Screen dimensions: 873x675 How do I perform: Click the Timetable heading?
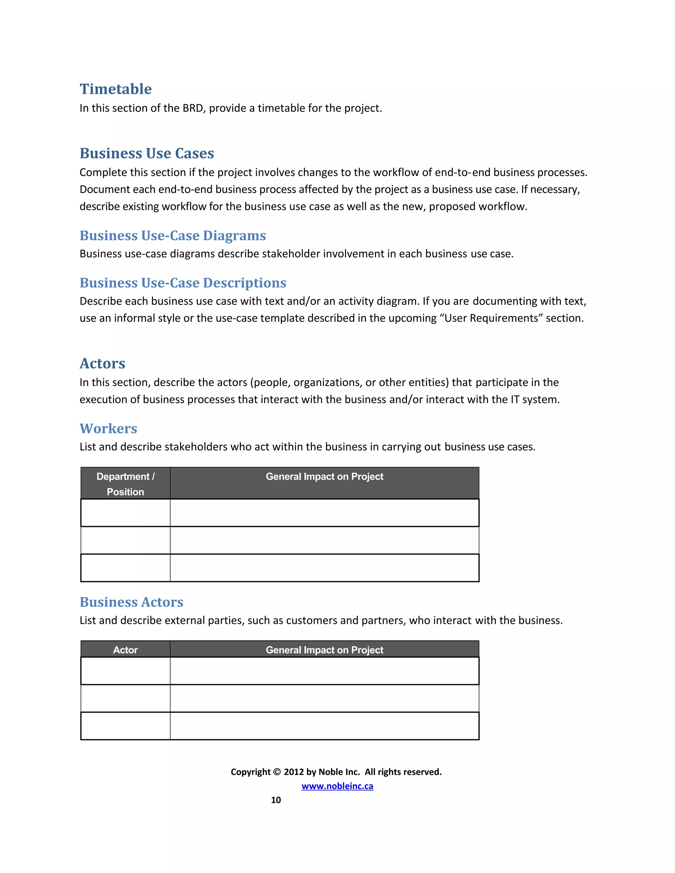(x=116, y=89)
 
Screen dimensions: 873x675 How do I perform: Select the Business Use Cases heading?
(x=147, y=153)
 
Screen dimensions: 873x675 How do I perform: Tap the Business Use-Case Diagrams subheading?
(x=172, y=236)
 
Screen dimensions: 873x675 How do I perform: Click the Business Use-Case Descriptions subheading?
(x=183, y=283)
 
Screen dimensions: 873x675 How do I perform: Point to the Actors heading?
(x=103, y=363)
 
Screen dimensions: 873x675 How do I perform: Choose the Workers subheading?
(x=108, y=429)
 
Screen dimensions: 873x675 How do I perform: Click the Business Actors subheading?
(x=131, y=602)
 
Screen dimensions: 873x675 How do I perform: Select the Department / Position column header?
(x=125, y=484)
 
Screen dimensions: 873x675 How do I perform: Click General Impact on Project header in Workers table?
(x=324, y=476)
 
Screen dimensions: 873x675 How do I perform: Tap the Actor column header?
(x=125, y=650)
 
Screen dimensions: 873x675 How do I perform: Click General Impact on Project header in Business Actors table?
(x=324, y=650)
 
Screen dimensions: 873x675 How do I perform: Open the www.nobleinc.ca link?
(x=337, y=786)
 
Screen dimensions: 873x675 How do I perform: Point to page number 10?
(x=276, y=800)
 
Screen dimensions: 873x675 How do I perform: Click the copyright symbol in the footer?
(x=277, y=772)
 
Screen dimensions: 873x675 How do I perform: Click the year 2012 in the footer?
(x=294, y=772)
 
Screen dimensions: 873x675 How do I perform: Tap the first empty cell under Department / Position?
(x=125, y=513)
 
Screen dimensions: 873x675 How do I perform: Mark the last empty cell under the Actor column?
(x=125, y=726)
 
